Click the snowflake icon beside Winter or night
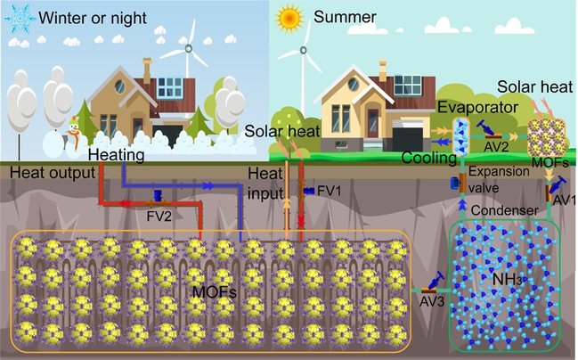[x=19, y=19]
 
